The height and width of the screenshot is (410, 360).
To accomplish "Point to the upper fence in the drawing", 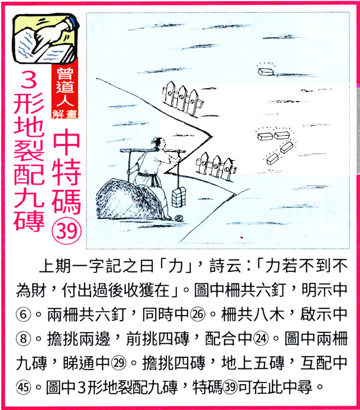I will (x=181, y=95).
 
